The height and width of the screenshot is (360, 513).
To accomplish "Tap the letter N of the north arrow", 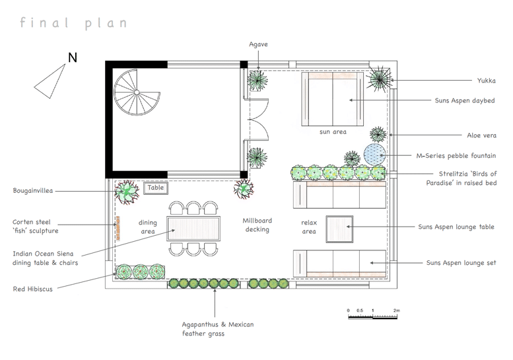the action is (x=73, y=57).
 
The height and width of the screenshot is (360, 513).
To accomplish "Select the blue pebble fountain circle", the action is (x=374, y=154).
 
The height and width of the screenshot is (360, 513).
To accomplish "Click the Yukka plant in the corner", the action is (x=380, y=79).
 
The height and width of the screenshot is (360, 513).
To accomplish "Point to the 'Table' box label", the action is (x=156, y=188).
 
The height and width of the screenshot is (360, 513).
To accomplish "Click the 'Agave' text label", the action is (x=258, y=44).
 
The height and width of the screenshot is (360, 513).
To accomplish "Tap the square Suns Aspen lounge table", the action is (x=339, y=229).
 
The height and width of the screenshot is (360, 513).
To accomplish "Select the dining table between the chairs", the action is (x=193, y=229).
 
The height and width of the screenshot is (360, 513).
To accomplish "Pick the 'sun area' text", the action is (x=333, y=132).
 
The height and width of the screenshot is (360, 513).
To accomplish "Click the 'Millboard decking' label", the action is (x=257, y=225).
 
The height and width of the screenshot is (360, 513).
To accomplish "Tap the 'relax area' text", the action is (x=309, y=227).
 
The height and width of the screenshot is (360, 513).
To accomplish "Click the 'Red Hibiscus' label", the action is (x=33, y=289).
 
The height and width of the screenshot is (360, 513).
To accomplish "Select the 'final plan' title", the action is (x=73, y=23).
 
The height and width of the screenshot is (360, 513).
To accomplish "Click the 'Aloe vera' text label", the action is (x=481, y=135).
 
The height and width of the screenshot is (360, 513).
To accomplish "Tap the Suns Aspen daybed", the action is (x=332, y=99).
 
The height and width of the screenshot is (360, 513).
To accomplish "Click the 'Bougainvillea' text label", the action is (x=33, y=190).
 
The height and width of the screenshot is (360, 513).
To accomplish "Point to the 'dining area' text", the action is (x=147, y=227).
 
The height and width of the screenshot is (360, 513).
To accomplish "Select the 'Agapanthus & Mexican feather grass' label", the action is (x=218, y=329).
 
